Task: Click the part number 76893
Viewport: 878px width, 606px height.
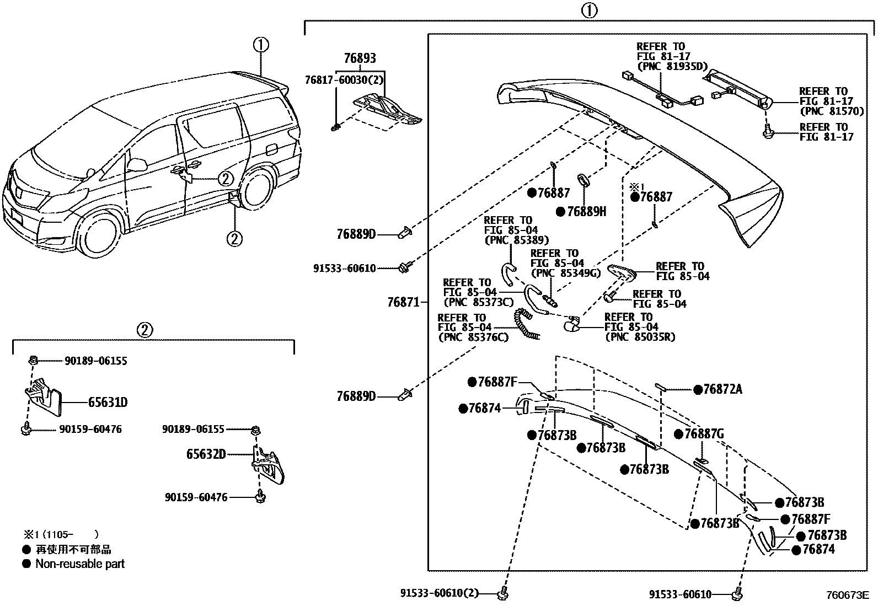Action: tap(360, 58)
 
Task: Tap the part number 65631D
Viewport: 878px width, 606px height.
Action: tap(108, 403)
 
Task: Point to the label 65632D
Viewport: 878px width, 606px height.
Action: tap(206, 454)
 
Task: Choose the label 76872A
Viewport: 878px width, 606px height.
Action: tap(722, 390)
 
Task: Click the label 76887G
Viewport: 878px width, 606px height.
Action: tap(704, 435)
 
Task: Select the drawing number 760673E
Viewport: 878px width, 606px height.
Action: tap(847, 596)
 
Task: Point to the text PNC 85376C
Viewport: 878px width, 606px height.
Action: tap(473, 337)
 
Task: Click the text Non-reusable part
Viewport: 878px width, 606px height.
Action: tap(80, 564)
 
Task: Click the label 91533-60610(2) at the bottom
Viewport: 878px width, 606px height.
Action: tap(439, 594)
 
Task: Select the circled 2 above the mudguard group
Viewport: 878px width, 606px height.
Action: tap(143, 330)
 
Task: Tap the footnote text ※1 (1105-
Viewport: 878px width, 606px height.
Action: tap(61, 534)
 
